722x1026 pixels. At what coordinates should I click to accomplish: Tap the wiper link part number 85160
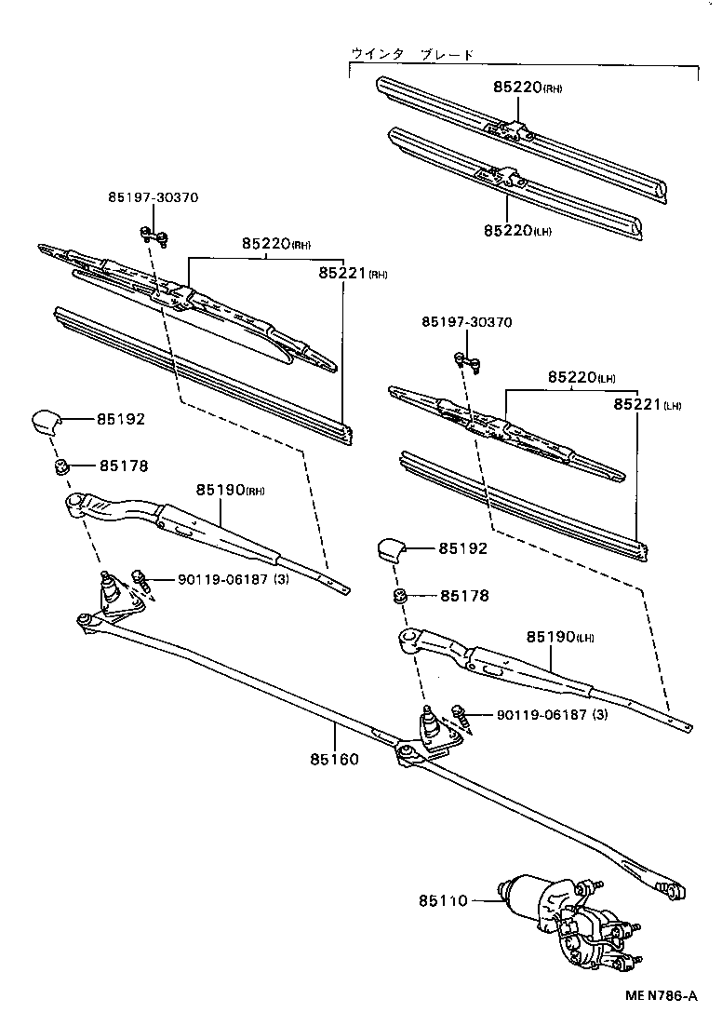pos(334,759)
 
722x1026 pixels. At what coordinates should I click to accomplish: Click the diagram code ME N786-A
pos(660,996)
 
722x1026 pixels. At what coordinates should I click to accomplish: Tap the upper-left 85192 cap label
pos(121,419)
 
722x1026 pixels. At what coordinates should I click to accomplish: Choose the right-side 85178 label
pos(464,595)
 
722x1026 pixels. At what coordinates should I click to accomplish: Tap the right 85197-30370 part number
pos(466,321)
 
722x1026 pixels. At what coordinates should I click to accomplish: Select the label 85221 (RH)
pos(352,273)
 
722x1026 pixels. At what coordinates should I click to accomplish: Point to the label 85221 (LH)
pos(647,405)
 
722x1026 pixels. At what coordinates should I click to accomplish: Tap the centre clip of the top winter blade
pos(508,127)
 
